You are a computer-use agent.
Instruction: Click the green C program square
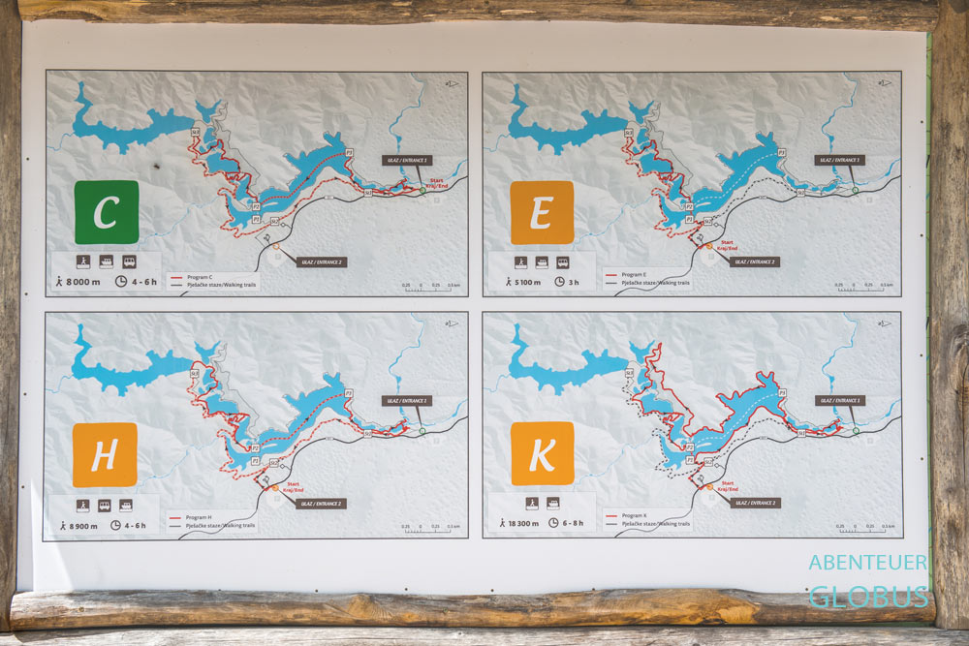click(107, 212)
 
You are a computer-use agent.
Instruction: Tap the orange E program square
click(543, 212)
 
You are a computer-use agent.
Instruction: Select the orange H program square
click(105, 454)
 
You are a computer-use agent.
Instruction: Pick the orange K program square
click(543, 453)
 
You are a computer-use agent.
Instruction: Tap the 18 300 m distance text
click(525, 523)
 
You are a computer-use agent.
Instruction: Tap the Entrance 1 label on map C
click(406, 160)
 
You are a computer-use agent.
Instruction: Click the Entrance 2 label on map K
click(755, 503)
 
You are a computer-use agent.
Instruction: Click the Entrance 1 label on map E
click(839, 160)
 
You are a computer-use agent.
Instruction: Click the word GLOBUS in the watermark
click(868, 598)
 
